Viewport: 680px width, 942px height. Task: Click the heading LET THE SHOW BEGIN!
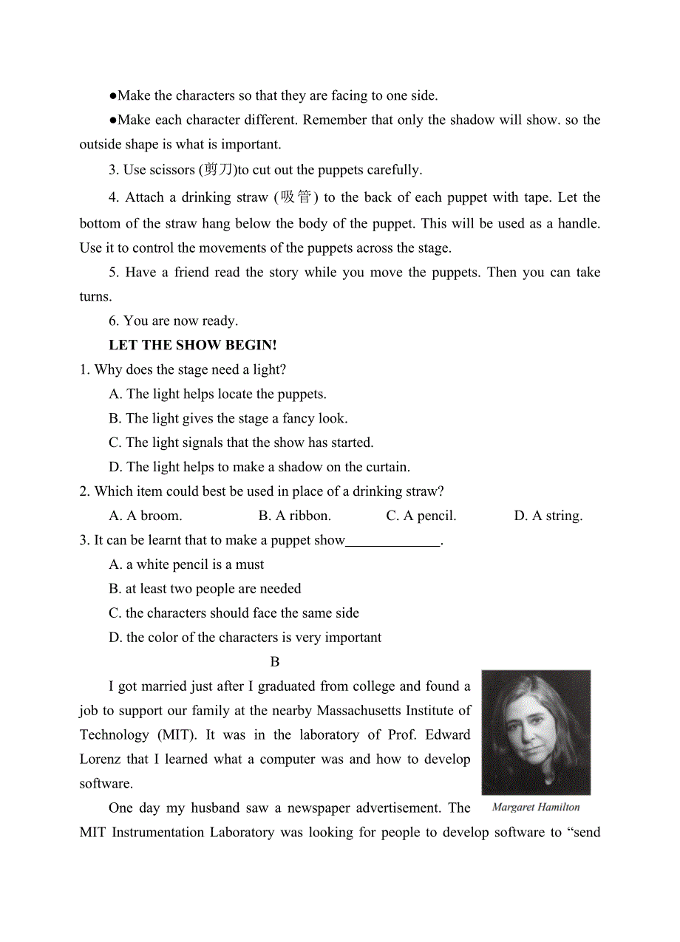[192, 345]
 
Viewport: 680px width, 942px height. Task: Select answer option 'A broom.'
[146, 516]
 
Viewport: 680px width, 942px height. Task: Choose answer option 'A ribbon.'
[295, 516]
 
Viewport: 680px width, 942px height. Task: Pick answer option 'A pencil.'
[421, 516]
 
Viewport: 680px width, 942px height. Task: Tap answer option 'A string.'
[548, 516]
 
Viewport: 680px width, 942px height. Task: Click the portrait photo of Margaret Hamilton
[536, 731]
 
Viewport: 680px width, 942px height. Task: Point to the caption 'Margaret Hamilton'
[536, 807]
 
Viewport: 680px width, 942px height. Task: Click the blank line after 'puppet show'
[392, 541]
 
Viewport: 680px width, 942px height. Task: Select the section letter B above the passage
[275, 662]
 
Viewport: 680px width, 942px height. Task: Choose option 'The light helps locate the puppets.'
[217, 394]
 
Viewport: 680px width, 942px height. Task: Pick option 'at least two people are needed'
[205, 589]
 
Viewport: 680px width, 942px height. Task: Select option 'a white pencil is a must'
[186, 564]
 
